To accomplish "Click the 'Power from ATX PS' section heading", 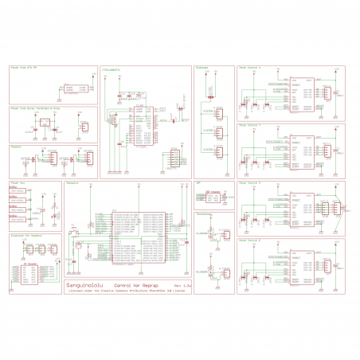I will coord(25,68).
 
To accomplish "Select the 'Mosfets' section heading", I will coord(17,147).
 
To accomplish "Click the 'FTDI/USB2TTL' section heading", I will coord(112,68).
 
